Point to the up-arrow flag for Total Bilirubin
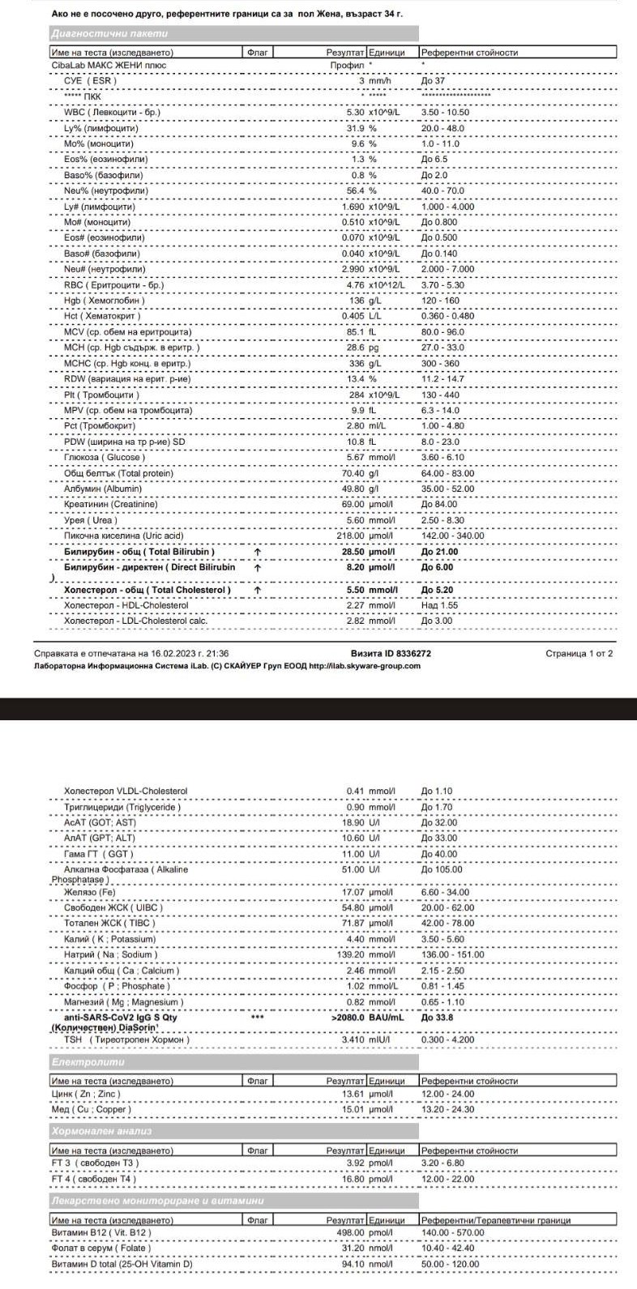[x=257, y=552]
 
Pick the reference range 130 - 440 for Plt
[x=440, y=395]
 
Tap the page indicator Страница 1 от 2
[x=580, y=653]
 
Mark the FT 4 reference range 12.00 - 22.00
[x=447, y=1179]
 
